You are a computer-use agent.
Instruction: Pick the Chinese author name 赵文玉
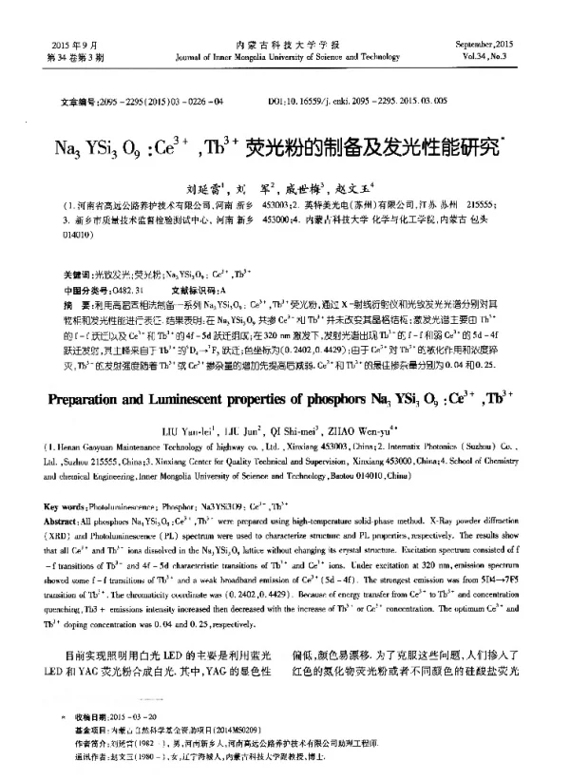coord(359,187)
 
